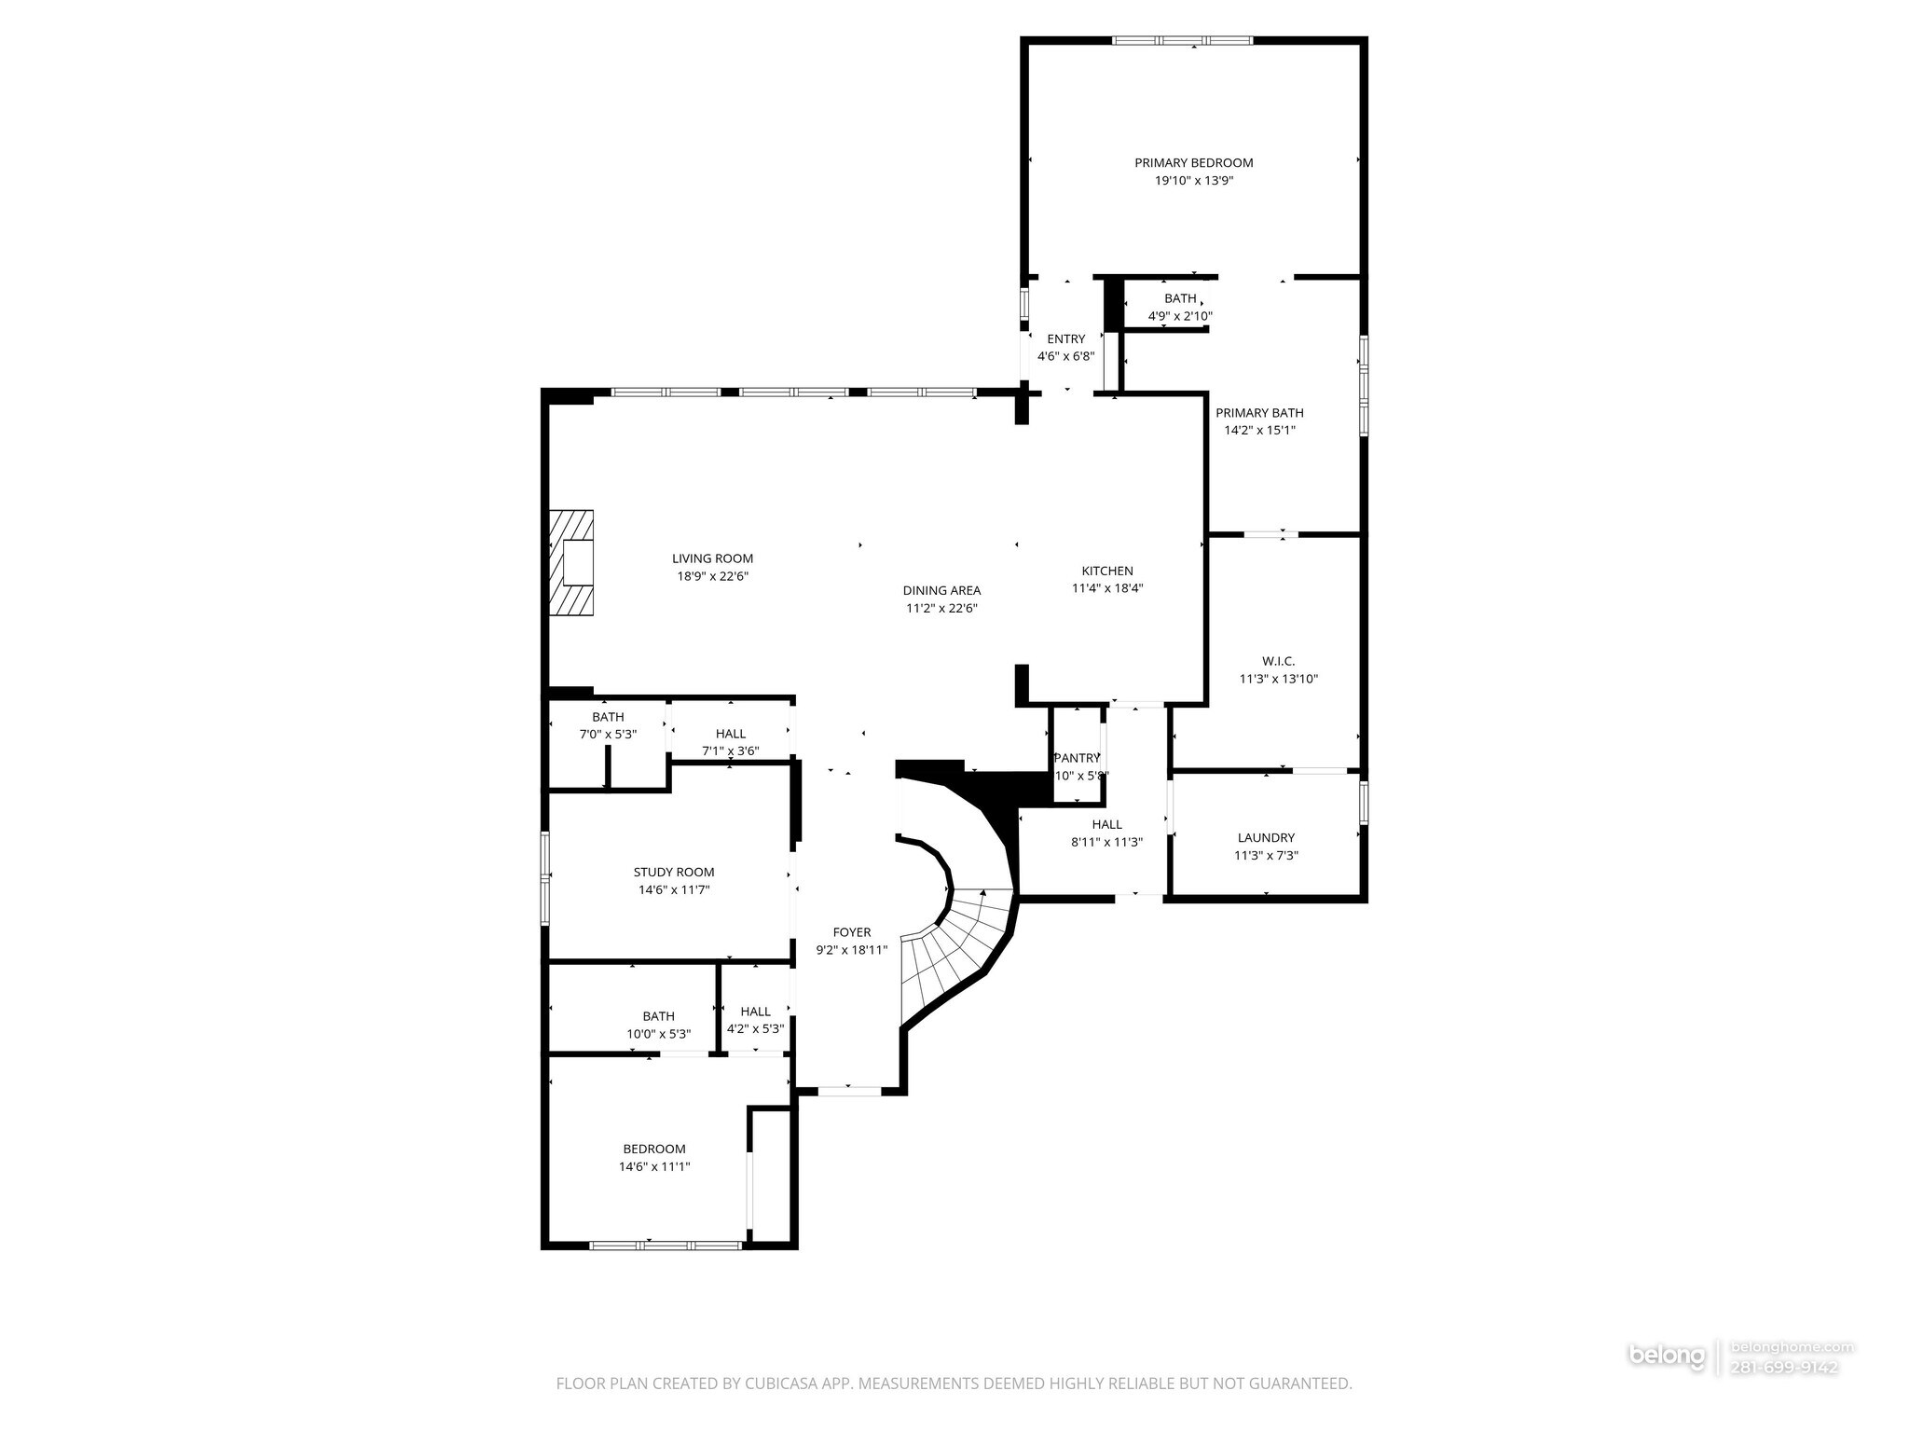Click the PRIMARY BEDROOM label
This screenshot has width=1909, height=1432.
1193,163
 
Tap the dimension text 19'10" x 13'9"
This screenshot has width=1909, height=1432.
1193,181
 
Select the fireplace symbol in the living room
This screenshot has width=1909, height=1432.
571,563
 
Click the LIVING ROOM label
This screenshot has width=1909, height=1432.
712,558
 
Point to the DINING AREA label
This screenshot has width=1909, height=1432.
941,590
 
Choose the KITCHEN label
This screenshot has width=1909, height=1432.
1107,571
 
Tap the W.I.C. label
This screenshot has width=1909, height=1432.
1278,661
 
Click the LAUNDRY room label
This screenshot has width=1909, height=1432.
1266,837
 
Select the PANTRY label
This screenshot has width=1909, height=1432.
1078,758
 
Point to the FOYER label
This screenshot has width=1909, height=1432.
851,932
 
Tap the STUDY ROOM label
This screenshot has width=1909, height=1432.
674,872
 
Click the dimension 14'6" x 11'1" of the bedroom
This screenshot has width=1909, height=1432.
654,1166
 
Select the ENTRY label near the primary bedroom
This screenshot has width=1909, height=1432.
1065,339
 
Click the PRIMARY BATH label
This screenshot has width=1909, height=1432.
1259,413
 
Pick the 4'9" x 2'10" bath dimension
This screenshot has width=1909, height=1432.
1179,316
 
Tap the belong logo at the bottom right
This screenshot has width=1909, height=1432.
1667,1381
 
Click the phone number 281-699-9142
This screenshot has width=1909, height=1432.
1784,1393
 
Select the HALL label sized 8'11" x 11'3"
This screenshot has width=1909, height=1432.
1106,824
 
